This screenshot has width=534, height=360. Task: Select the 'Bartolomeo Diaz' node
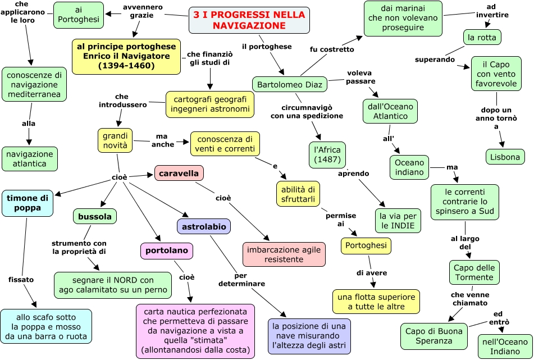290,85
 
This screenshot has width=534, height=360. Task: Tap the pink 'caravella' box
179,173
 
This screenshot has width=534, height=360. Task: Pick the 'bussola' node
95,216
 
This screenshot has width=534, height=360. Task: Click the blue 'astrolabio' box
203,226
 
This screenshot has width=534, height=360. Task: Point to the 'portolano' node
167,251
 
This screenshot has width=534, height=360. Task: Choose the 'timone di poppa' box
28,203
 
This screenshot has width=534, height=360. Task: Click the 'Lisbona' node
505,157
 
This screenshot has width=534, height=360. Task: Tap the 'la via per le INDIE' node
398,221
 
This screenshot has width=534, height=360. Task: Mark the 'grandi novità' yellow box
115,140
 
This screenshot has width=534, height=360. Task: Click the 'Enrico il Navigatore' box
126,56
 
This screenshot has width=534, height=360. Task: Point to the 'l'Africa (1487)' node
327,154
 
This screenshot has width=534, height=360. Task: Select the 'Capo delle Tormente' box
473,272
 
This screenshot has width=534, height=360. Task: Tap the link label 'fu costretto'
332,49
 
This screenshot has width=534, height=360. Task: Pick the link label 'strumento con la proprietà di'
79,247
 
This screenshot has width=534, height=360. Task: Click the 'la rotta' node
482,38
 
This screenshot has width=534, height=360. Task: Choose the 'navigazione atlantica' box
30,159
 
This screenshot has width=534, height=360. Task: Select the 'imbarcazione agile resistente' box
284,254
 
